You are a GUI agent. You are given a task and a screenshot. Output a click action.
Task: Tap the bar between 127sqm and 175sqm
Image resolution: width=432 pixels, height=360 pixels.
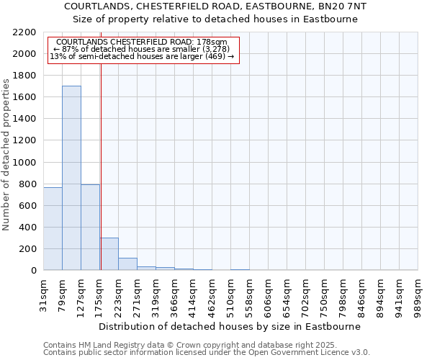click(x=90, y=227)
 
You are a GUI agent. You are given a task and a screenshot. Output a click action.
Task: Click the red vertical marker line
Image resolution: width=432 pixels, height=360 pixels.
click(x=101, y=144)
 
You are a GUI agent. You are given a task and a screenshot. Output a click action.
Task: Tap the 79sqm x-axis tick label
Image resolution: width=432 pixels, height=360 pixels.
click(x=63, y=291)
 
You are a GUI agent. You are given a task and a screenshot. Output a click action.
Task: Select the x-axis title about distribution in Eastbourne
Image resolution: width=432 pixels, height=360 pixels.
click(x=230, y=326)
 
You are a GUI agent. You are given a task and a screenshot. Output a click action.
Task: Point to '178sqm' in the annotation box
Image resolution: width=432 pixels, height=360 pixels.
click(x=214, y=42)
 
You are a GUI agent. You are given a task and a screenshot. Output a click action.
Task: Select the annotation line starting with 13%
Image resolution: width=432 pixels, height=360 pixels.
click(x=142, y=56)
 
